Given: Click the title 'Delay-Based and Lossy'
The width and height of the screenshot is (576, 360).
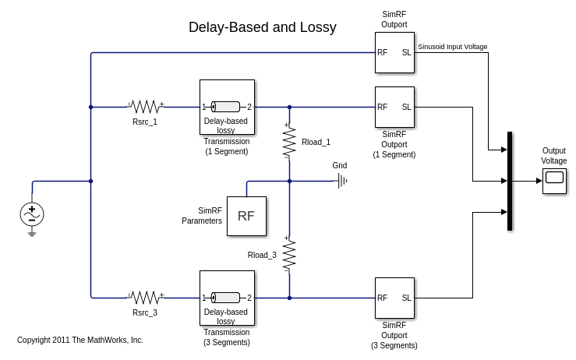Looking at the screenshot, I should [262, 27].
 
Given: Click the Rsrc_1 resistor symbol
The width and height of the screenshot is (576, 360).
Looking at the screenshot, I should [145, 107].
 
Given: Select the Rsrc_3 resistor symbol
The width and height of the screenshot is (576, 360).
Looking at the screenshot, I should [145, 298].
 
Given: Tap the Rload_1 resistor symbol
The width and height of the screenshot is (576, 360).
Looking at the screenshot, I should [289, 140].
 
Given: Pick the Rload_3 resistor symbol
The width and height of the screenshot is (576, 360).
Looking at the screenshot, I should [289, 255].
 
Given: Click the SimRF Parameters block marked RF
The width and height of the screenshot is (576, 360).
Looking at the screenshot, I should [246, 216].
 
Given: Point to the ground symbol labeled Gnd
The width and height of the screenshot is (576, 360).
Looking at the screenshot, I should [341, 181].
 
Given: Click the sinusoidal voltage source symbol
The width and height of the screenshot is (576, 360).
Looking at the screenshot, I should [32, 214].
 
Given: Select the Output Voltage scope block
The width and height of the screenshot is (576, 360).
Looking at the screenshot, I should [554, 181].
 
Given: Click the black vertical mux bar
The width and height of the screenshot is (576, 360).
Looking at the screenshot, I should [510, 181].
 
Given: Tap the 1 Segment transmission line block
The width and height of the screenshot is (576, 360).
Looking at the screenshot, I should [227, 107].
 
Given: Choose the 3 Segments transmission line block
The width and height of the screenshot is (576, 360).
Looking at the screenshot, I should [227, 298].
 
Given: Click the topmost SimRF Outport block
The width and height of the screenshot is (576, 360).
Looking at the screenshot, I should [394, 53].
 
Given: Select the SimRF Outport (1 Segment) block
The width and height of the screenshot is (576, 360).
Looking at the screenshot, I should [394, 107].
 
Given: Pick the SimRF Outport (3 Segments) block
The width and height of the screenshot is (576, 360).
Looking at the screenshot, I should [394, 298].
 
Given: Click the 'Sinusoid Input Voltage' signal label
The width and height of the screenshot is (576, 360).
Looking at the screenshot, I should [453, 47].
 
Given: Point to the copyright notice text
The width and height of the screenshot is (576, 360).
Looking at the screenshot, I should [80, 340].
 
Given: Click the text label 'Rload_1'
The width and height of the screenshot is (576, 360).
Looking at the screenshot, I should [316, 142].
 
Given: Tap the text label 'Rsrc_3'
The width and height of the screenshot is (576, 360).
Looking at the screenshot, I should [145, 312].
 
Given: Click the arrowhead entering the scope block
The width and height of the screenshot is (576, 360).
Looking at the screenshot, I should [539, 181].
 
